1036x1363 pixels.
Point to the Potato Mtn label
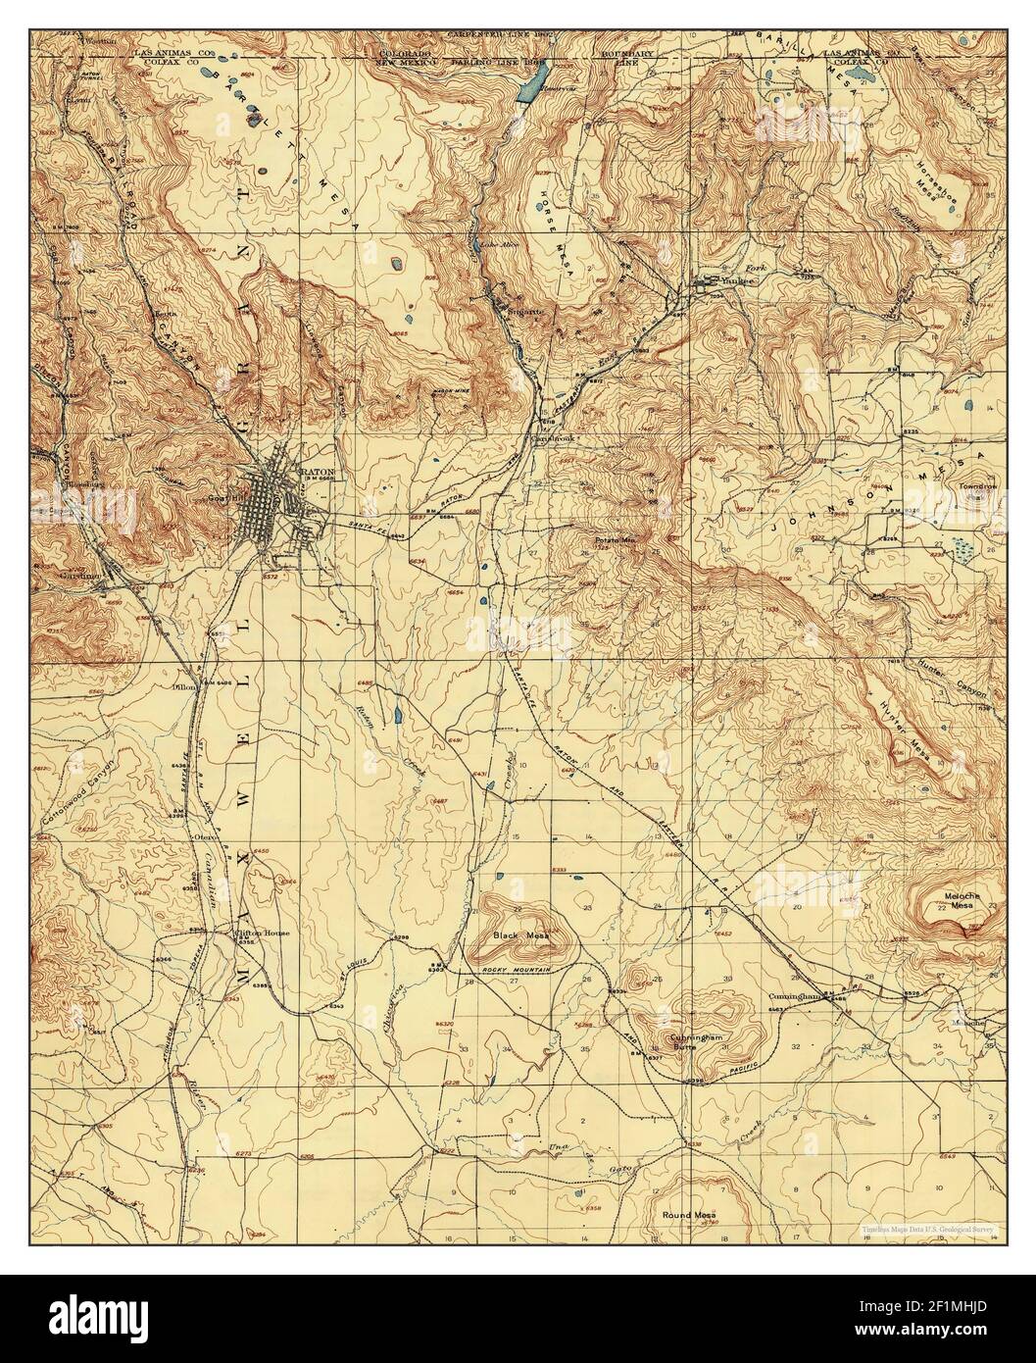coord(616,540)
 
